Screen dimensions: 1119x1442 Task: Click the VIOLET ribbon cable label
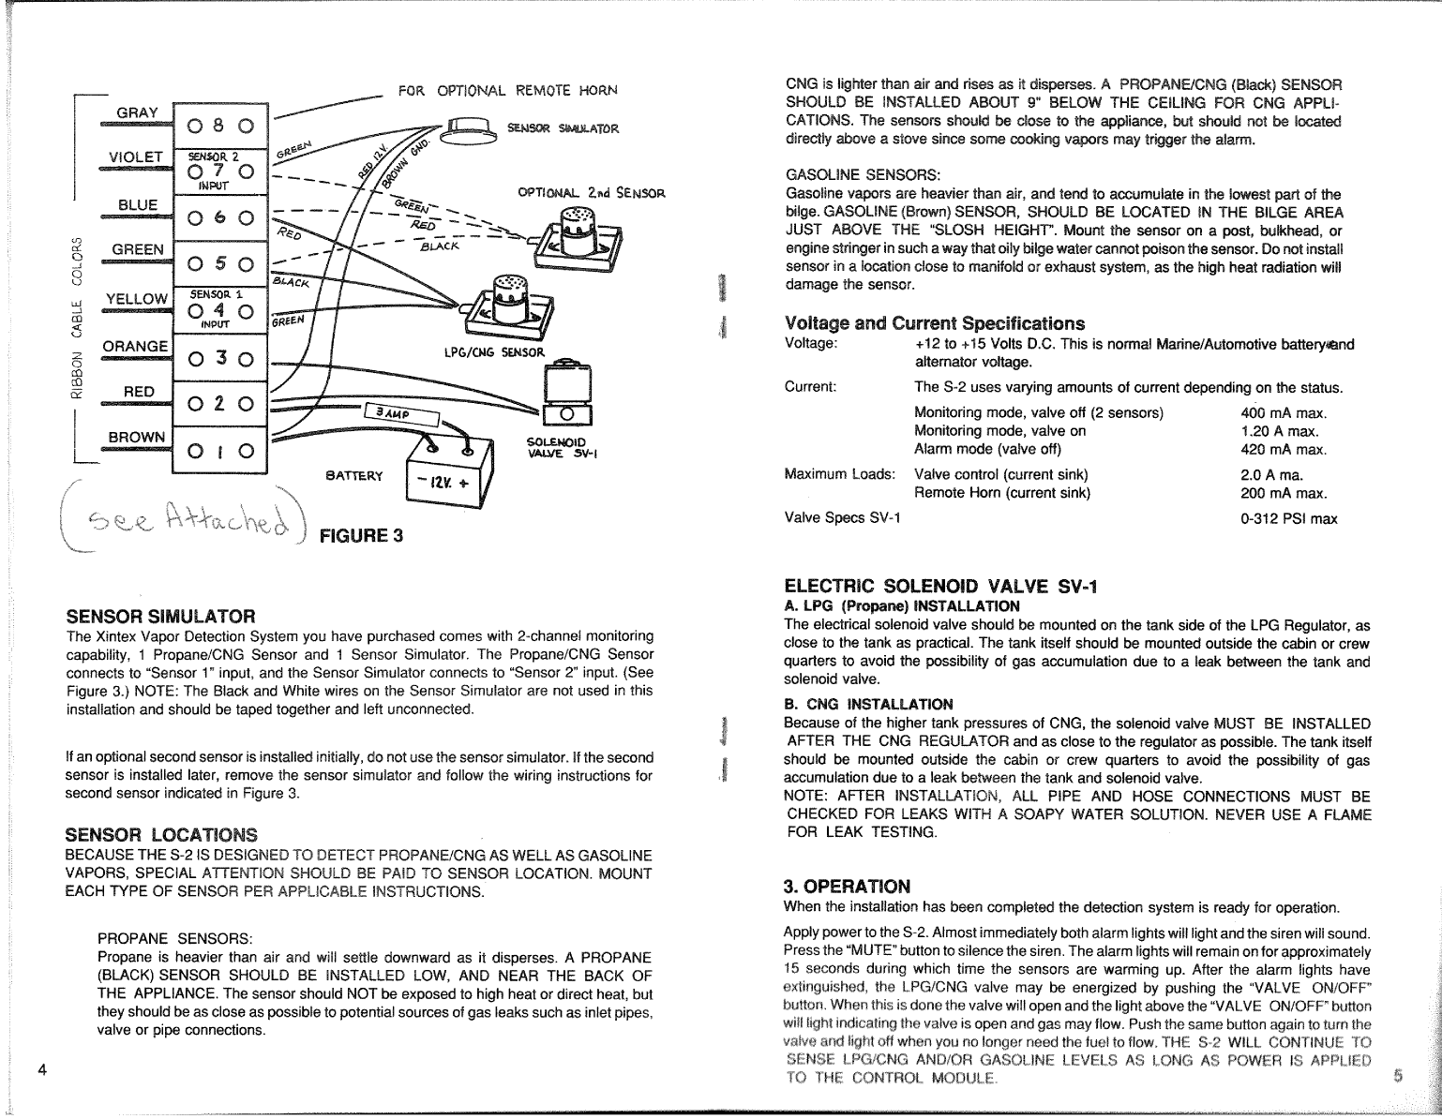pos(137,157)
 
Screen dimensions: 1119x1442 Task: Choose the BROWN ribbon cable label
pos(136,437)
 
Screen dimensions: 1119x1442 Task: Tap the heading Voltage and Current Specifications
pos(934,323)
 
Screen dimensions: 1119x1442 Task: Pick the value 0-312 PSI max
pos(1289,518)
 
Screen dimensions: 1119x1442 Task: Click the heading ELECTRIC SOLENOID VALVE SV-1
pos(939,587)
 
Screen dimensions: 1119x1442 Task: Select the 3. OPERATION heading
pos(847,886)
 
